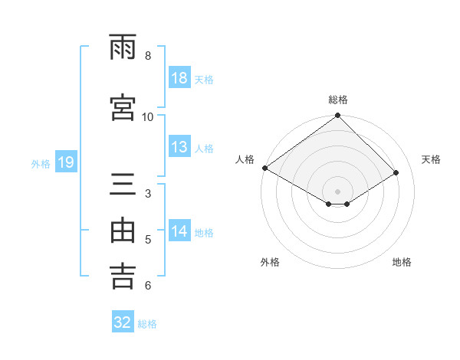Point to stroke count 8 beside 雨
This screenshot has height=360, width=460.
[x=148, y=56]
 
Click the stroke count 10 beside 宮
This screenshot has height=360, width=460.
[x=148, y=116]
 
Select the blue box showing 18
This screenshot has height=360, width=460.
[x=179, y=78]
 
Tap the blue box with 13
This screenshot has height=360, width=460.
[x=179, y=147]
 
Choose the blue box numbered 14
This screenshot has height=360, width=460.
[x=179, y=231]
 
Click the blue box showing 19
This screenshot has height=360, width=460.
[x=65, y=162]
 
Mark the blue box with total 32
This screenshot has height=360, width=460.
[x=123, y=322]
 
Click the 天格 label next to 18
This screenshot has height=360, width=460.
[x=204, y=79]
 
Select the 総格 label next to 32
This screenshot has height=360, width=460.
[x=147, y=323]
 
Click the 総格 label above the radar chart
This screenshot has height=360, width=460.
[x=337, y=100]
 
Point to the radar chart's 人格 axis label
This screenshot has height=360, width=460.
[x=245, y=159]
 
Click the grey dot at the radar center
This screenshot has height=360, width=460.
[x=337, y=190]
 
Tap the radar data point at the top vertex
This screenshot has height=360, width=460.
[x=337, y=116]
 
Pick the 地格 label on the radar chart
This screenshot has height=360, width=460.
[x=402, y=262]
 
